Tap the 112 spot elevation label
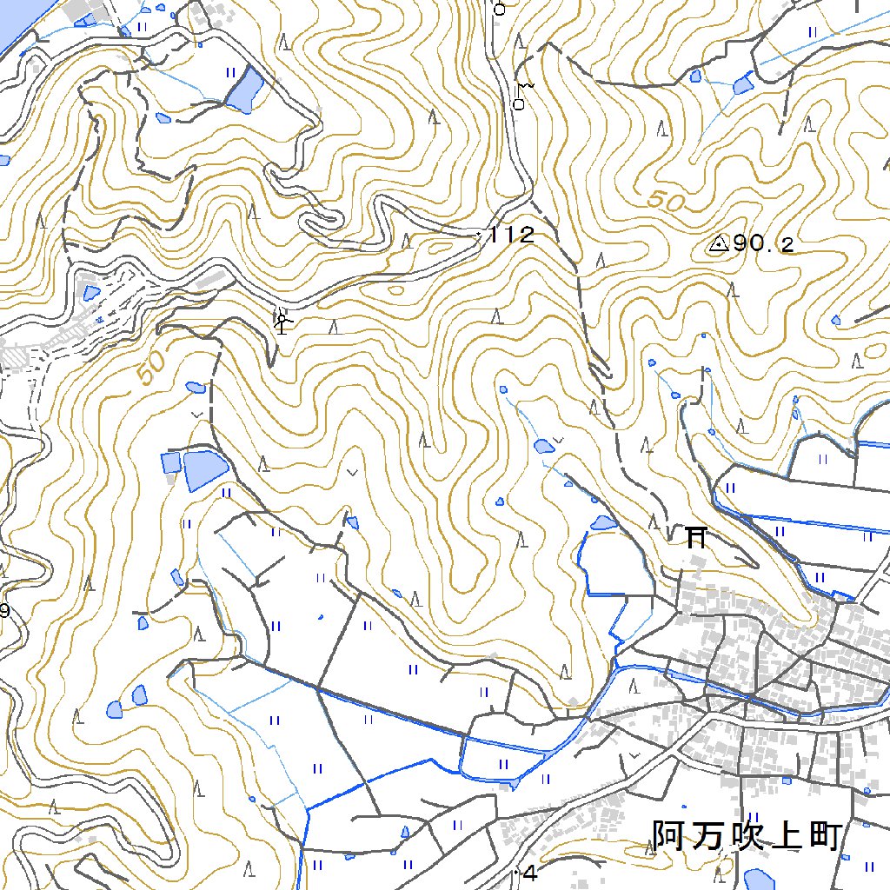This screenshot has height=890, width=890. [511, 235]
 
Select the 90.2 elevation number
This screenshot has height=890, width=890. [763, 245]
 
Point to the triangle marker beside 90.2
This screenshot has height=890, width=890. [718, 244]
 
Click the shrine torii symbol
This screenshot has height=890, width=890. [695, 536]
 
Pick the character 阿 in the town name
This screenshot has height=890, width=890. [670, 836]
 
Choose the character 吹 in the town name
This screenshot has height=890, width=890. [747, 836]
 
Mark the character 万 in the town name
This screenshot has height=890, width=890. [708, 836]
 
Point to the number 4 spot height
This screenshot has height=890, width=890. [531, 873]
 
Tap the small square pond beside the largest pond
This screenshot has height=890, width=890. [169, 462]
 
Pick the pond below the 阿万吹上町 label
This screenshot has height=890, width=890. [758, 879]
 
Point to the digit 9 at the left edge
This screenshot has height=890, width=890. [4, 611]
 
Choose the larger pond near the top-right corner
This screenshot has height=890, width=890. [743, 85]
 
